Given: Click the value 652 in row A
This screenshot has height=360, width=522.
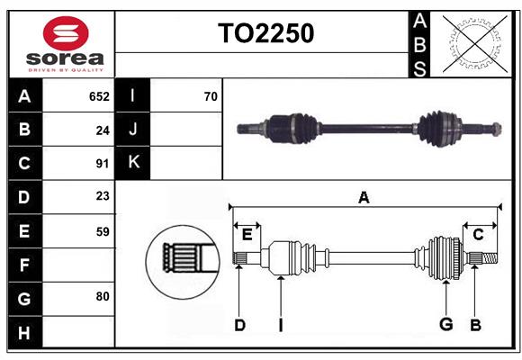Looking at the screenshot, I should click(99, 96).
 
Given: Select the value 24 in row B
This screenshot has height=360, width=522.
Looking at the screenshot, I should click(103, 130).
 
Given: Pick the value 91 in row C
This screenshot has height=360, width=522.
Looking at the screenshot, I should click(103, 164).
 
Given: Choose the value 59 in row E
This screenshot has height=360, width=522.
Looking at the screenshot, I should click(103, 231).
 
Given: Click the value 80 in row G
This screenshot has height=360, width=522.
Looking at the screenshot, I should click(103, 295).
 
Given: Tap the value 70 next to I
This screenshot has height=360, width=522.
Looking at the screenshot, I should click(211, 96).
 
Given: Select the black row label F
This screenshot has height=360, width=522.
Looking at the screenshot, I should click(24, 265).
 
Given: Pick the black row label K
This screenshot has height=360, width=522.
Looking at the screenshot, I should click(133, 163).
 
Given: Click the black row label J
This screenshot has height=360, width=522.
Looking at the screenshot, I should click(133, 130).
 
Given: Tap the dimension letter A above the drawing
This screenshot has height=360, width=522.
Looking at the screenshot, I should click(364, 197).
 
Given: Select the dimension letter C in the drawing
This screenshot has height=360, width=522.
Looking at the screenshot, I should click(478, 235).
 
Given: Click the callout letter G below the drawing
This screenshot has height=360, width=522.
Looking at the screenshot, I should click(445, 325).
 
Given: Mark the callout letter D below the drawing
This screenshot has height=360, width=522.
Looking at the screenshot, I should click(239, 325).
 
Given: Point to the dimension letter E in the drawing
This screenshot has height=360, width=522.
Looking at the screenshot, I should click(247, 235).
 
